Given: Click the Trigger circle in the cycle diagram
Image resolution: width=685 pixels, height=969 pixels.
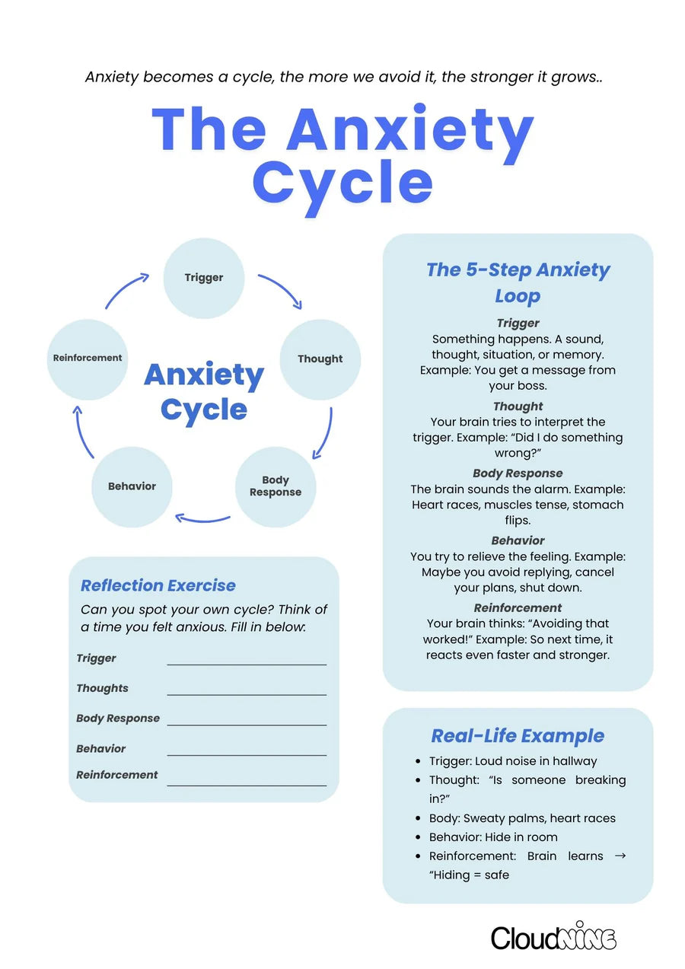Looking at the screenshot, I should pos(204,278).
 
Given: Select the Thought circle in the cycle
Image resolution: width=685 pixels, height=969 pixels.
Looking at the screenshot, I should pos(320,359).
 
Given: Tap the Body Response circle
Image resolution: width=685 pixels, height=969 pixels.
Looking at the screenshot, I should pos(276,486).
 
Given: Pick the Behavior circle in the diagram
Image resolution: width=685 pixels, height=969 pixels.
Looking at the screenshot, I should pos(132,486).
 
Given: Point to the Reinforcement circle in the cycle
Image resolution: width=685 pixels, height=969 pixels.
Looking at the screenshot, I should pos(88,359).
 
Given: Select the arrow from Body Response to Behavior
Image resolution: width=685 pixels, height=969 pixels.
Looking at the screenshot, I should pos(202,520).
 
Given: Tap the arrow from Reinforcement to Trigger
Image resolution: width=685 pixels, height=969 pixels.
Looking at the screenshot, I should pos(126,291).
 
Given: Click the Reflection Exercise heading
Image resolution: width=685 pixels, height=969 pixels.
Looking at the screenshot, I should pos(158,585).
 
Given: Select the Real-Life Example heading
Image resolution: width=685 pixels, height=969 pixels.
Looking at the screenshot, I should pos(518,736).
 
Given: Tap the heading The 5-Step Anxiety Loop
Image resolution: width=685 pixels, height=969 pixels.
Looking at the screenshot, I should pos(518,282).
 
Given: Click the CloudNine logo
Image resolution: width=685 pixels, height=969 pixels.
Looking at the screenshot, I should pos(553,937).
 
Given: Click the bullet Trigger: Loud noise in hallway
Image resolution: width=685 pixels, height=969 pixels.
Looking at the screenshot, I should pos(513,761).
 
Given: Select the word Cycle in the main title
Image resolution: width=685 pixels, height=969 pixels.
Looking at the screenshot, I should pos(342,182).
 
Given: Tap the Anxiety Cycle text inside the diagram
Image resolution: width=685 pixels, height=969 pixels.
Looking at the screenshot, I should pos(204,392).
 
